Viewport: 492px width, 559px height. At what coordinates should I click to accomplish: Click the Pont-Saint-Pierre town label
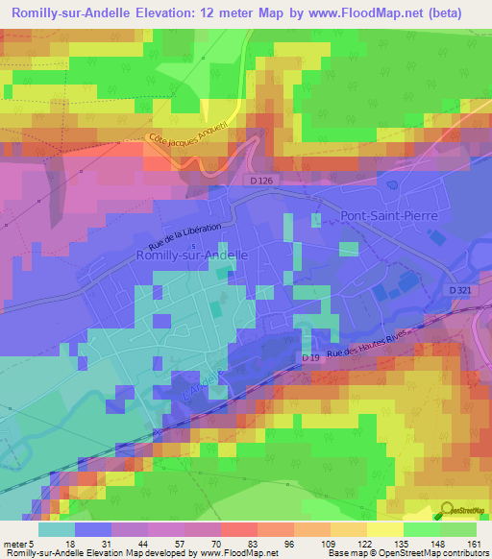pos(389,216)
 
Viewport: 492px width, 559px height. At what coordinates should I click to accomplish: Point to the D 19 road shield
pos(308,358)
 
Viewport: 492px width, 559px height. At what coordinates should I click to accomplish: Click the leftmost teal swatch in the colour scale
pos(56,529)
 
